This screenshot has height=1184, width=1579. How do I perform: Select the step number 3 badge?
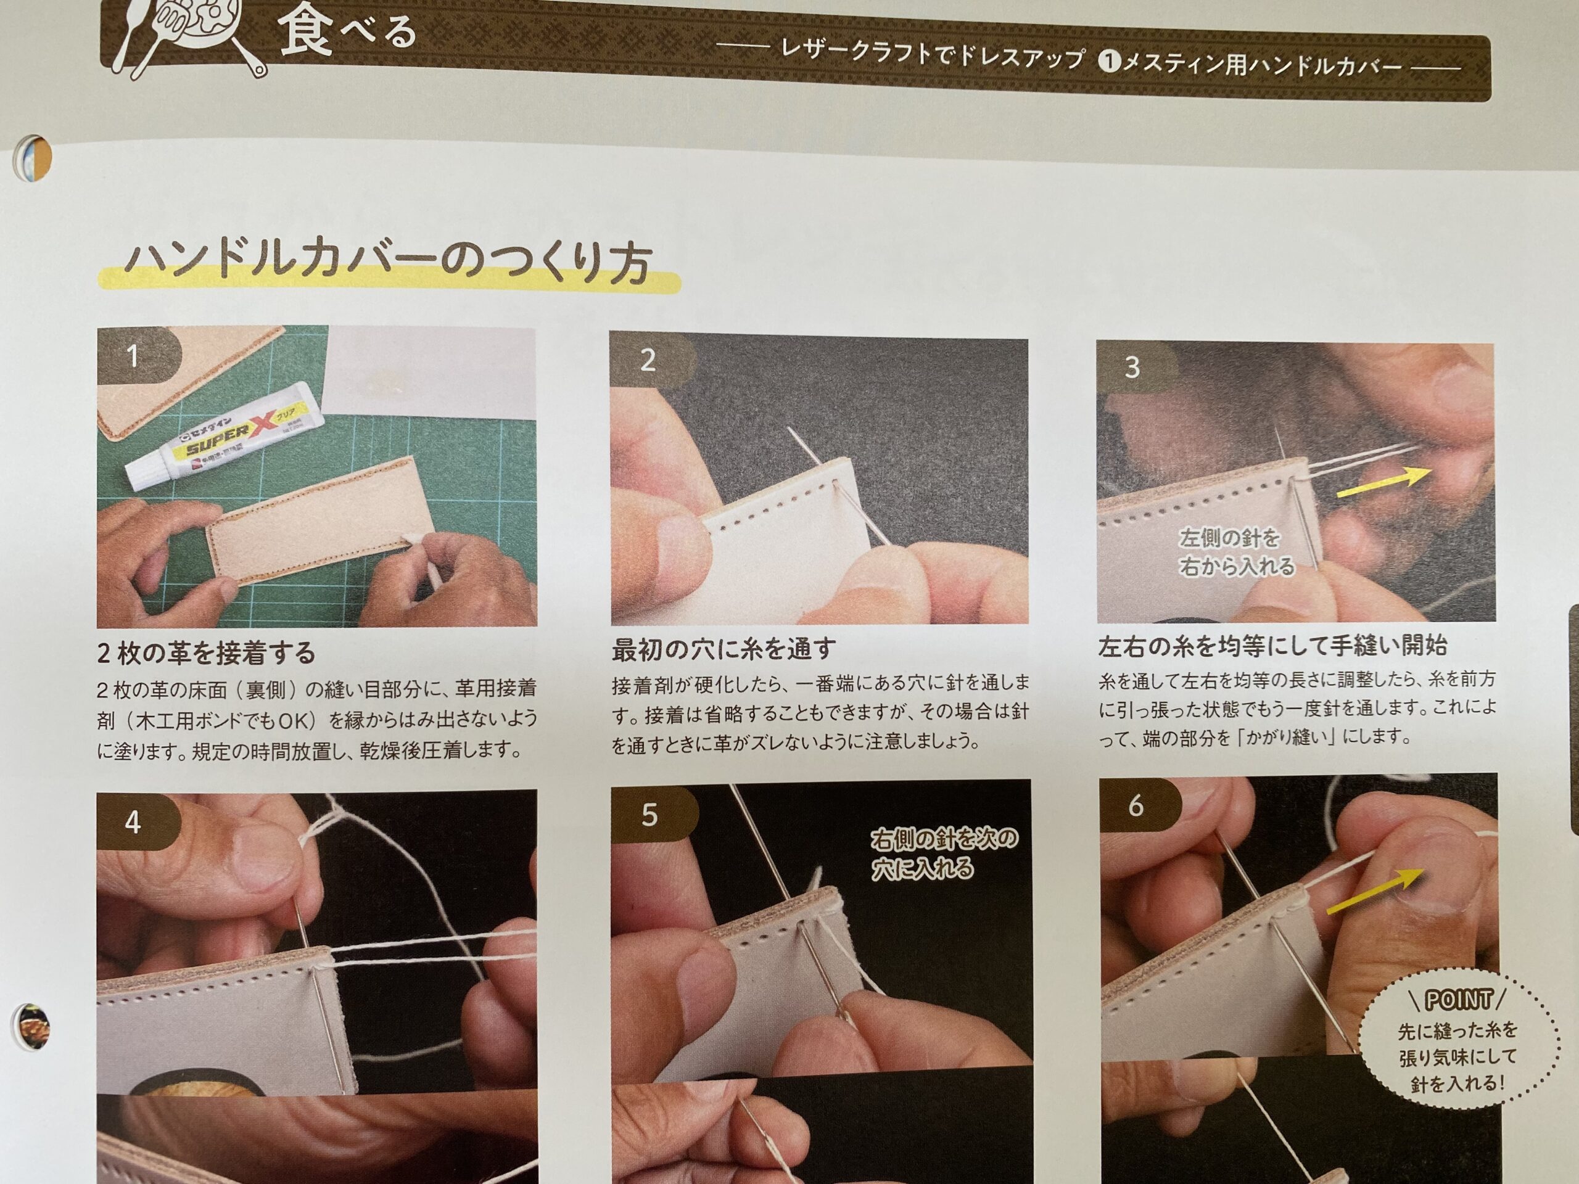(x=1135, y=367)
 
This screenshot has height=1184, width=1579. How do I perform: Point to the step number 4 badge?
(x=136, y=822)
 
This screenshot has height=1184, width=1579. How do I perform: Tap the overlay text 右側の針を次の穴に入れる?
(x=944, y=853)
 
